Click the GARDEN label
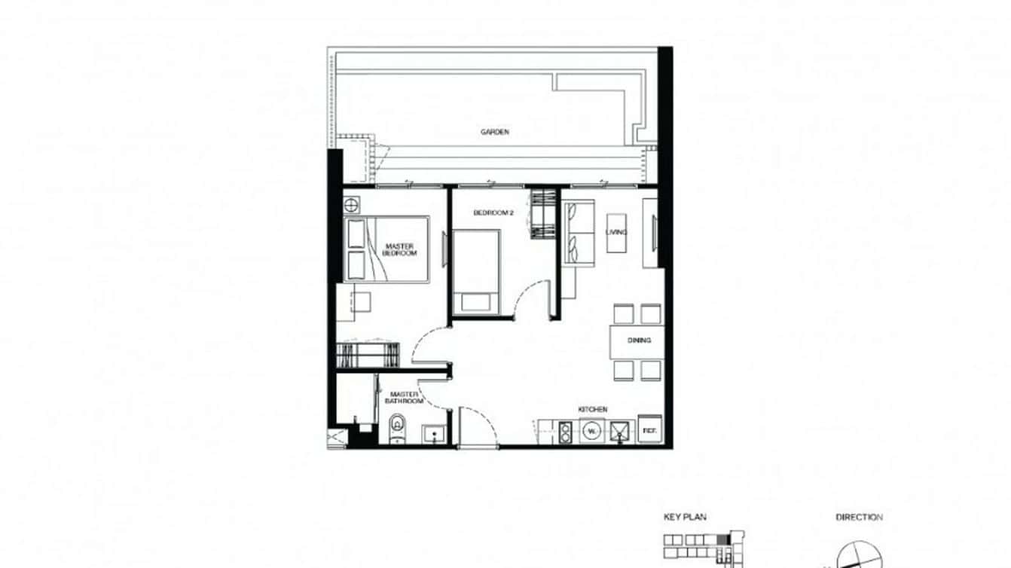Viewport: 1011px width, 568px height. tap(494, 132)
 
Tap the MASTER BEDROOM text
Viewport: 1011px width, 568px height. tap(400, 250)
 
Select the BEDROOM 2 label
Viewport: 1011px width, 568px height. tap(493, 213)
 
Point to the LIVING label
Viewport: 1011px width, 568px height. tap(616, 232)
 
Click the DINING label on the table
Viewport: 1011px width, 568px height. tap(639, 340)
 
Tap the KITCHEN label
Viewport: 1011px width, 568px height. tap(593, 409)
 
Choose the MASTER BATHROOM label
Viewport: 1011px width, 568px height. tap(405, 397)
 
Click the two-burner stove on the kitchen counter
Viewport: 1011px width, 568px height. tap(565, 432)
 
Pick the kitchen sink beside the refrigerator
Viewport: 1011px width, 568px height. tap(620, 432)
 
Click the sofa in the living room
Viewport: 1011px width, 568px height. tap(579, 234)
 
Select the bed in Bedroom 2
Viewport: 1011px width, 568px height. tap(476, 270)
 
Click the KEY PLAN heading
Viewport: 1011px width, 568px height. tap(685, 518)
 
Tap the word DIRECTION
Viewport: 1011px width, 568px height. tap(859, 518)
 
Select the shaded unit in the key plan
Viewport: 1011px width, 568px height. tap(725, 539)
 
